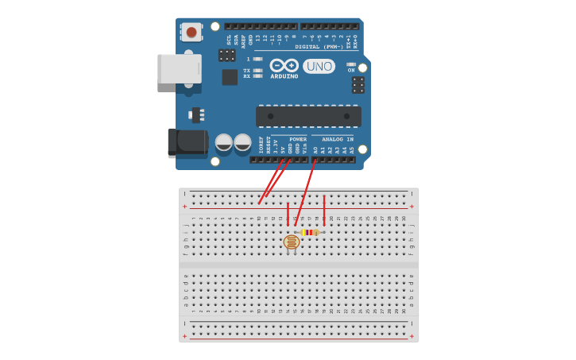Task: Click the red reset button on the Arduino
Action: pyautogui.click(x=191, y=33)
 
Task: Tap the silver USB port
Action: pyautogui.click(x=179, y=68)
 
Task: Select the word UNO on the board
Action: pyautogui.click(x=319, y=66)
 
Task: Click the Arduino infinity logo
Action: pyautogui.click(x=284, y=65)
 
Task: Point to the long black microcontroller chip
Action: pyautogui.click(x=308, y=116)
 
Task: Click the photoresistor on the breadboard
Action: pyautogui.click(x=292, y=242)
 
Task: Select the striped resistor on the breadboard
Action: pyautogui.click(x=310, y=232)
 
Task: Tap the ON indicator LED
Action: pyautogui.click(x=351, y=64)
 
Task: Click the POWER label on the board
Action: pyautogui.click(x=298, y=139)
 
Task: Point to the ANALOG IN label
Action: pyautogui.click(x=338, y=139)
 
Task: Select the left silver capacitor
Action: pyautogui.click(x=224, y=142)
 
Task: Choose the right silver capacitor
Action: pyautogui.click(x=242, y=142)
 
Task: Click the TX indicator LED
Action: pyautogui.click(x=257, y=70)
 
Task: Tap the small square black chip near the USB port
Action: pyautogui.click(x=230, y=77)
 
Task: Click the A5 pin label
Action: pyautogui.click(x=352, y=149)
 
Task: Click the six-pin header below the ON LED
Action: pyautogui.click(x=358, y=84)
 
